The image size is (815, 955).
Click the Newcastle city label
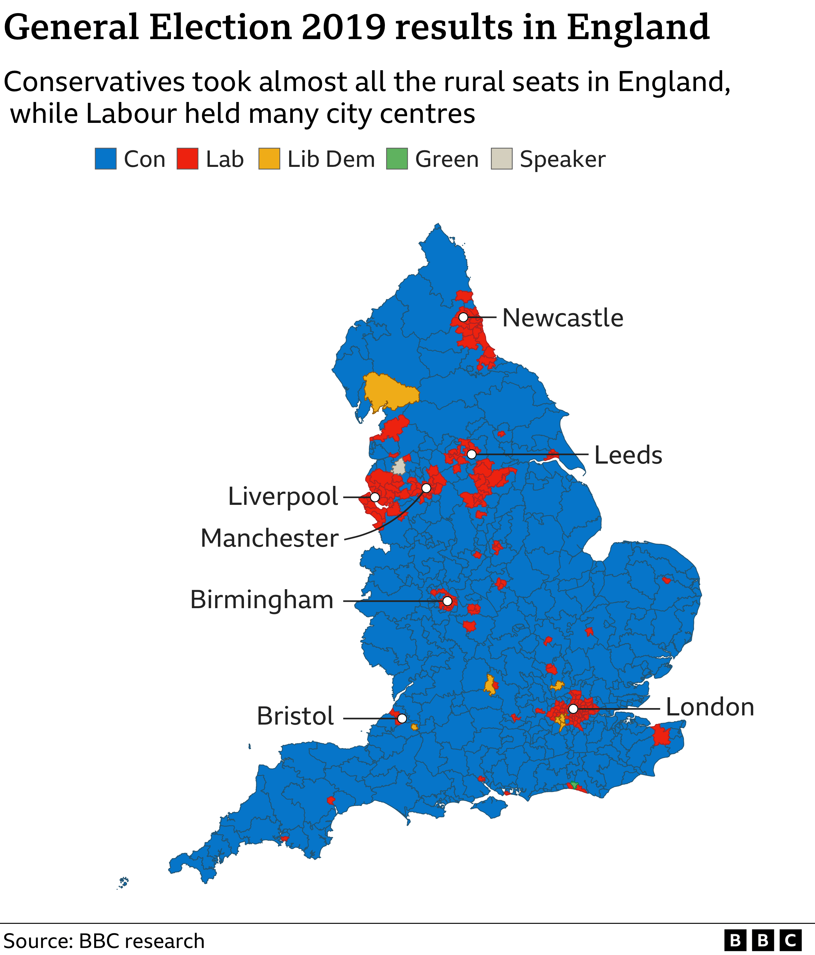click(x=562, y=318)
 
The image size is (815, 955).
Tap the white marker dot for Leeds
click(x=471, y=454)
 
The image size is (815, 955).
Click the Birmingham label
click(x=262, y=600)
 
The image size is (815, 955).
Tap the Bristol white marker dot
click(x=402, y=718)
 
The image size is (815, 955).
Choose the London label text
click(x=710, y=707)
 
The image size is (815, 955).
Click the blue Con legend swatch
click(x=105, y=159)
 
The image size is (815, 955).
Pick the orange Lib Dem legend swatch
click(x=269, y=159)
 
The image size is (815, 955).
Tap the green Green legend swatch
click(x=397, y=159)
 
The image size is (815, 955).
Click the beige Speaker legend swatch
click(x=502, y=159)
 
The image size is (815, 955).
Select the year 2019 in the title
click(x=343, y=27)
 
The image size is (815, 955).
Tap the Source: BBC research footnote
click(x=104, y=941)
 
